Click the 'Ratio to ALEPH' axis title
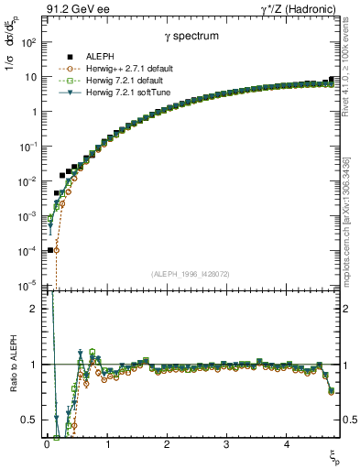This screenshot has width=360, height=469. tap(14, 383)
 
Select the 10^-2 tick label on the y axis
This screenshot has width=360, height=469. tap(29, 180)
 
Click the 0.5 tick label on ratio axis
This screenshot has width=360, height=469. tap(30, 420)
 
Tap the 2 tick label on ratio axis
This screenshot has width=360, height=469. tap(34, 309)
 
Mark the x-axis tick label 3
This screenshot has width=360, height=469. tap(226, 444)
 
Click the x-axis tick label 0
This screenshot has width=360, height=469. tap(47, 444)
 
